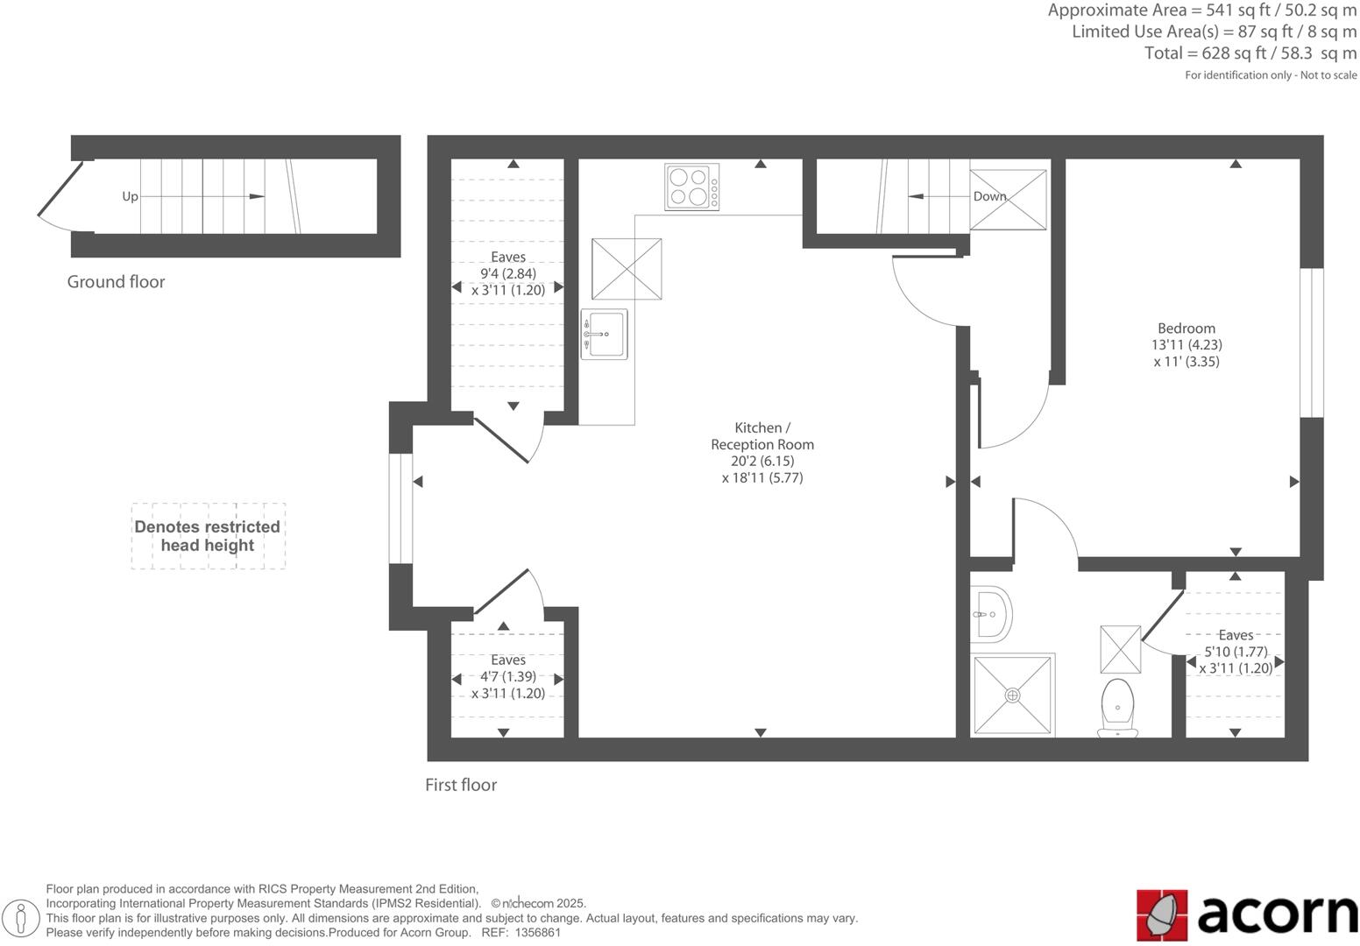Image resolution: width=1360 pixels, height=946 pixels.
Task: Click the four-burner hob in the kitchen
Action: pos(691,187)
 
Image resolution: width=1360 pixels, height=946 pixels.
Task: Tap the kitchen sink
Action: pos(604,334)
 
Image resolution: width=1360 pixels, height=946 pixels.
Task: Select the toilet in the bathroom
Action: pos(1117,706)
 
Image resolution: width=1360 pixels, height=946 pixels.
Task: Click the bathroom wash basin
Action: pos(991,613)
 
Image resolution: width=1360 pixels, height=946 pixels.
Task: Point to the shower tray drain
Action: pos(1013,695)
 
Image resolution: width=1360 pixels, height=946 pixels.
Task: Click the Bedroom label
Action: pos(1186,328)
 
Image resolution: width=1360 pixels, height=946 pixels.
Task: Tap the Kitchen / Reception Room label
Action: pos(761,436)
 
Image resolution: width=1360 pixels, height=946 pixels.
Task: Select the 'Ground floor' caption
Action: pos(116,282)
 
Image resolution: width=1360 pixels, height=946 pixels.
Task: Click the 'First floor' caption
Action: pos(461,785)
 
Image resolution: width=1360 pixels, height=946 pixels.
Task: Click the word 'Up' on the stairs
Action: pos(130,196)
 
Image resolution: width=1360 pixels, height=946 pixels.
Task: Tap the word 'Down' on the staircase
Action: pos(989,196)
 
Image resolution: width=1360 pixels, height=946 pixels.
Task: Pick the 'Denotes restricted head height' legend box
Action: pos(208,536)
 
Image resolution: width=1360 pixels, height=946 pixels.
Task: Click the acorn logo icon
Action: pos(1161,914)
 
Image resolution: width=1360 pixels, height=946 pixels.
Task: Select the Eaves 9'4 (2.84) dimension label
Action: pos(508,273)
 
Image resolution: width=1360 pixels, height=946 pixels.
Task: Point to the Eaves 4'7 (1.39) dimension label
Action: pos(508,676)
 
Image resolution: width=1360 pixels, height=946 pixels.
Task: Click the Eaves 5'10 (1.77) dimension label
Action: pos(1236,652)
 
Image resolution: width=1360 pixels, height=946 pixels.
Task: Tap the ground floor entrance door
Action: pos(60,196)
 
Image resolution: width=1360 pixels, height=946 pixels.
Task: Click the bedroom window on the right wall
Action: pos(1311,342)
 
